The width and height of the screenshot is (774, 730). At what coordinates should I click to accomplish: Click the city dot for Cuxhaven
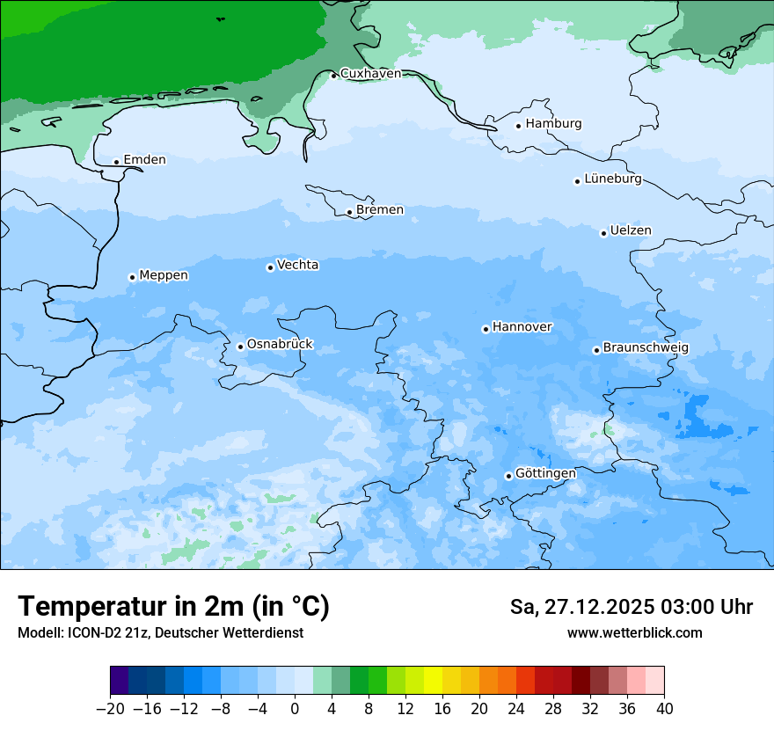[333, 76]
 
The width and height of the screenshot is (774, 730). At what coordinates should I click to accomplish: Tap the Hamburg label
[553, 124]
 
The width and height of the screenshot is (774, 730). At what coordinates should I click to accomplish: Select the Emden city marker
[116, 162]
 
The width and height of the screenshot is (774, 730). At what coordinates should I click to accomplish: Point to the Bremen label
[380, 210]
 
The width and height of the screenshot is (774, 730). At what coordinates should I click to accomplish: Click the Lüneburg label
[613, 179]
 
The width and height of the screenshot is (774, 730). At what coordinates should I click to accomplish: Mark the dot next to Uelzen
[603, 233]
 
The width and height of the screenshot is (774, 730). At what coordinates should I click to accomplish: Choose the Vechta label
[297, 265]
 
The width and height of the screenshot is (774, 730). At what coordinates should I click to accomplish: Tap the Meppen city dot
[132, 277]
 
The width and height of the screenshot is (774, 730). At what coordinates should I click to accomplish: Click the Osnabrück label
[280, 345]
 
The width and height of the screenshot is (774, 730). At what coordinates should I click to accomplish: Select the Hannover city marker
[486, 329]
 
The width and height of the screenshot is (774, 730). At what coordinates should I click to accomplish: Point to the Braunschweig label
[646, 348]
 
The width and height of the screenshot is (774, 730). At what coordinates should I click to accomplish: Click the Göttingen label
[545, 474]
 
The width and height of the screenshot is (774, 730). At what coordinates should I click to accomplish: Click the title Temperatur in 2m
[173, 607]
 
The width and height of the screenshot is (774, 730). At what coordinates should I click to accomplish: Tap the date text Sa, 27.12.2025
[580, 607]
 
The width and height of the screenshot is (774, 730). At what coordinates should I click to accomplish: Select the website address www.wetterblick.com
[634, 633]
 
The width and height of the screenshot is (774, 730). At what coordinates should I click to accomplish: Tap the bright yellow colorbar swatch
[433, 681]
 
